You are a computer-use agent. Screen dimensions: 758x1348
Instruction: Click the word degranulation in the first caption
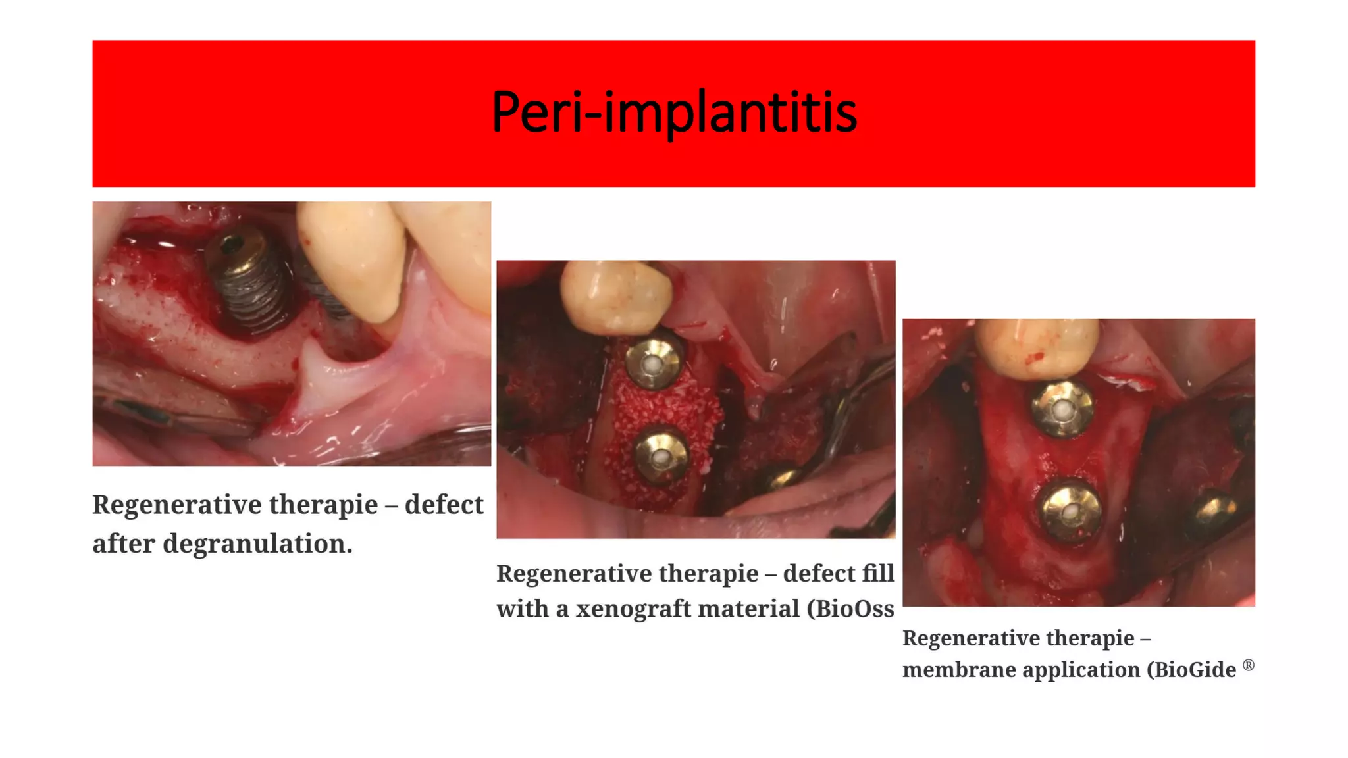pos(256,544)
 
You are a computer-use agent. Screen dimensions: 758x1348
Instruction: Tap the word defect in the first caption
pos(444,505)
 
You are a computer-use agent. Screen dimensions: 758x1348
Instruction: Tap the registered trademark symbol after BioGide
pos(1249,665)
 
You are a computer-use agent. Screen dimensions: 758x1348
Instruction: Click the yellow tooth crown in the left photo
pos(352,257)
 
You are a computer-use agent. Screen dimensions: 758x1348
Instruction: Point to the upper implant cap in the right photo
pos(1062,410)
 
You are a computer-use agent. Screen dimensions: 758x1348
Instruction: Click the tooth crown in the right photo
pos(1036,349)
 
